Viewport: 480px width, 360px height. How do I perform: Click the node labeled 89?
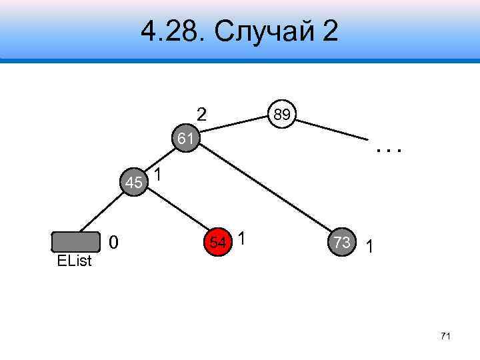(281, 115)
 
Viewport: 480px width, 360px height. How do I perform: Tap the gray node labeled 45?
(134, 182)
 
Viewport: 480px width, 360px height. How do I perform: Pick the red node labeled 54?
(217, 242)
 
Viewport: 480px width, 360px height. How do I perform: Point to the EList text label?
(74, 261)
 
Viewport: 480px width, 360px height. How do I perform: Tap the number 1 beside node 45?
(158, 175)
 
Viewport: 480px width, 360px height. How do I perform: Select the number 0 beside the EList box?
(114, 244)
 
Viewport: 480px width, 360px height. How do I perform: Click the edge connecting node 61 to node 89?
(233, 123)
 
